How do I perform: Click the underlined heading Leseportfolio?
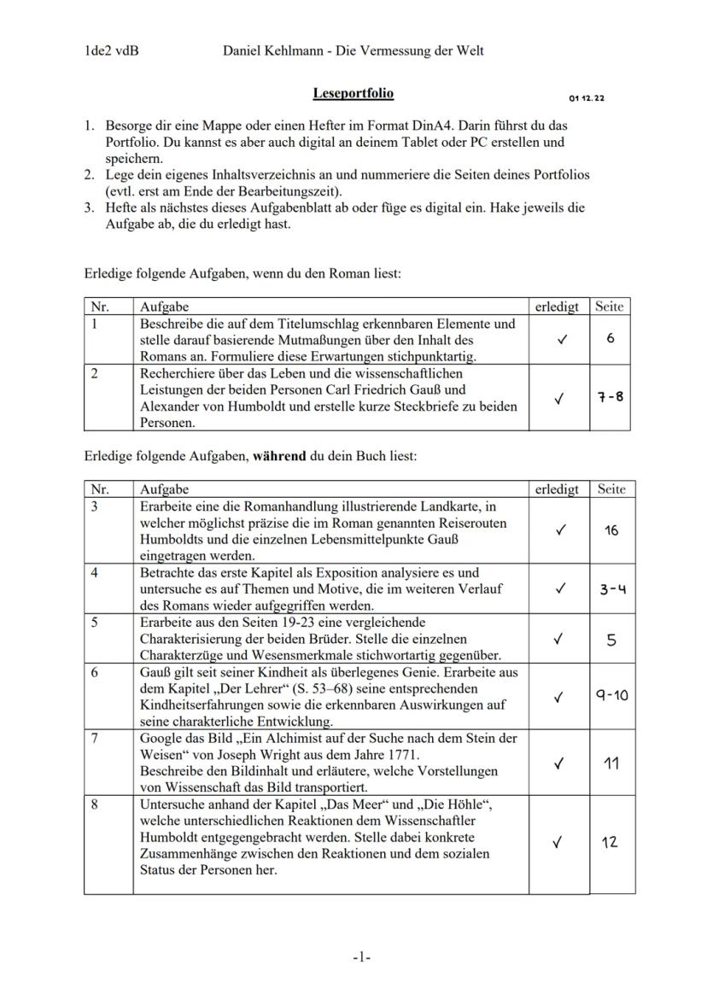click(x=353, y=92)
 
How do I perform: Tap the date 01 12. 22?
click(x=587, y=99)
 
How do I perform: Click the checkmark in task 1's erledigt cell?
click(x=559, y=339)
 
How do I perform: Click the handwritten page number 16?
click(x=611, y=530)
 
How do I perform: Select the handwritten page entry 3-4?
click(x=611, y=588)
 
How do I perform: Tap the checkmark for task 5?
click(x=559, y=639)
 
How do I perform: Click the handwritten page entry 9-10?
click(x=611, y=696)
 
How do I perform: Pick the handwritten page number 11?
click(x=611, y=763)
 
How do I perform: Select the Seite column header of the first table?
click(x=610, y=306)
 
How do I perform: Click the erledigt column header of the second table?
click(x=557, y=489)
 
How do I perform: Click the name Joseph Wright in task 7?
click(x=267, y=755)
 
